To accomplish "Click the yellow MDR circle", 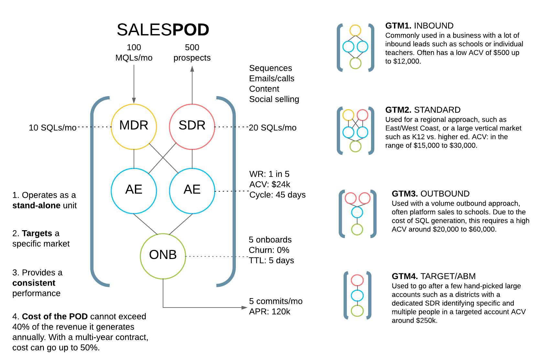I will tap(134, 127).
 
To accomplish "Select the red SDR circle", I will tap(192, 127).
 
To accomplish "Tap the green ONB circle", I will tap(163, 256).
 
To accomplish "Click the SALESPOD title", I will tap(163, 30).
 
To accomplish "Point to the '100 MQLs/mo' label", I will tap(134, 52).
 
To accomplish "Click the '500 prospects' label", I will tap(192, 52).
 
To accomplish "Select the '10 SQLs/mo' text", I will tap(52, 128).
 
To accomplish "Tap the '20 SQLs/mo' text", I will tap(272, 128).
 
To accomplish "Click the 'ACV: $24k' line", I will tap(269, 184).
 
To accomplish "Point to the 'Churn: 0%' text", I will tap(269, 250).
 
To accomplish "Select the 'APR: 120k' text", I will tap(269, 311).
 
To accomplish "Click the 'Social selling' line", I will tap(274, 99).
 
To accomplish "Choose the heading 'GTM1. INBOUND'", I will tap(419, 26).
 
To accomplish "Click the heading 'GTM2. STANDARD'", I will tap(423, 110).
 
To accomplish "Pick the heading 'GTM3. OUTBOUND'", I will tap(430, 194).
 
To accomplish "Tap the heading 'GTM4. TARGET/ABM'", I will tap(434, 276).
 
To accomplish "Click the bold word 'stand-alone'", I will tap(36, 205).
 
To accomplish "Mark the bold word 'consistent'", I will tap(34, 283).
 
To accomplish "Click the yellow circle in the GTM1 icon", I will tap(355, 30).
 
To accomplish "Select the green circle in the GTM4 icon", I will tap(357, 311).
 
